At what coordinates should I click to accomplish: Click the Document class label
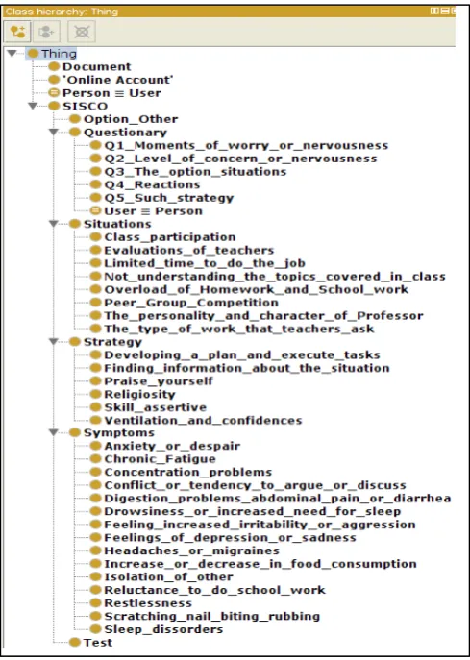(x=96, y=66)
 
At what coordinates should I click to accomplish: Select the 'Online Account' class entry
(x=118, y=80)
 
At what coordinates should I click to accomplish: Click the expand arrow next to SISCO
(x=33, y=106)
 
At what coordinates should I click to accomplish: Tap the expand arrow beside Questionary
(x=54, y=133)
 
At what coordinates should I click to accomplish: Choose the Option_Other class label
(x=131, y=119)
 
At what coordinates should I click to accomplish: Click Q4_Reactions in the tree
(x=152, y=184)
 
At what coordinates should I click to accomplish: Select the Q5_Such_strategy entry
(x=169, y=198)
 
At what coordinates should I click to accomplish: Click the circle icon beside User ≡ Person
(x=96, y=210)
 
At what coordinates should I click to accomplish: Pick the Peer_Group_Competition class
(x=191, y=303)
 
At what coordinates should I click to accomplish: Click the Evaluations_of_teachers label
(x=189, y=250)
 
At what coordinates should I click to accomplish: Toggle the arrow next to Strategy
(x=54, y=341)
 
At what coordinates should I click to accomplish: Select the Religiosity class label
(x=139, y=395)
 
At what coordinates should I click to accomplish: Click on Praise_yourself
(x=159, y=381)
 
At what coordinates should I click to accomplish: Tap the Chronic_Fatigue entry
(x=161, y=459)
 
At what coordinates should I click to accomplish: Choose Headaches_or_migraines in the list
(x=191, y=550)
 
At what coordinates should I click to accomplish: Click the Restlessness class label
(x=148, y=602)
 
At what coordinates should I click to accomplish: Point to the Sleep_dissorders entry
(x=163, y=629)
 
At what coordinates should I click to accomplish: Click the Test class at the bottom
(x=98, y=643)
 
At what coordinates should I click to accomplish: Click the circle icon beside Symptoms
(x=75, y=432)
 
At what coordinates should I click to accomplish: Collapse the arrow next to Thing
(x=12, y=54)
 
